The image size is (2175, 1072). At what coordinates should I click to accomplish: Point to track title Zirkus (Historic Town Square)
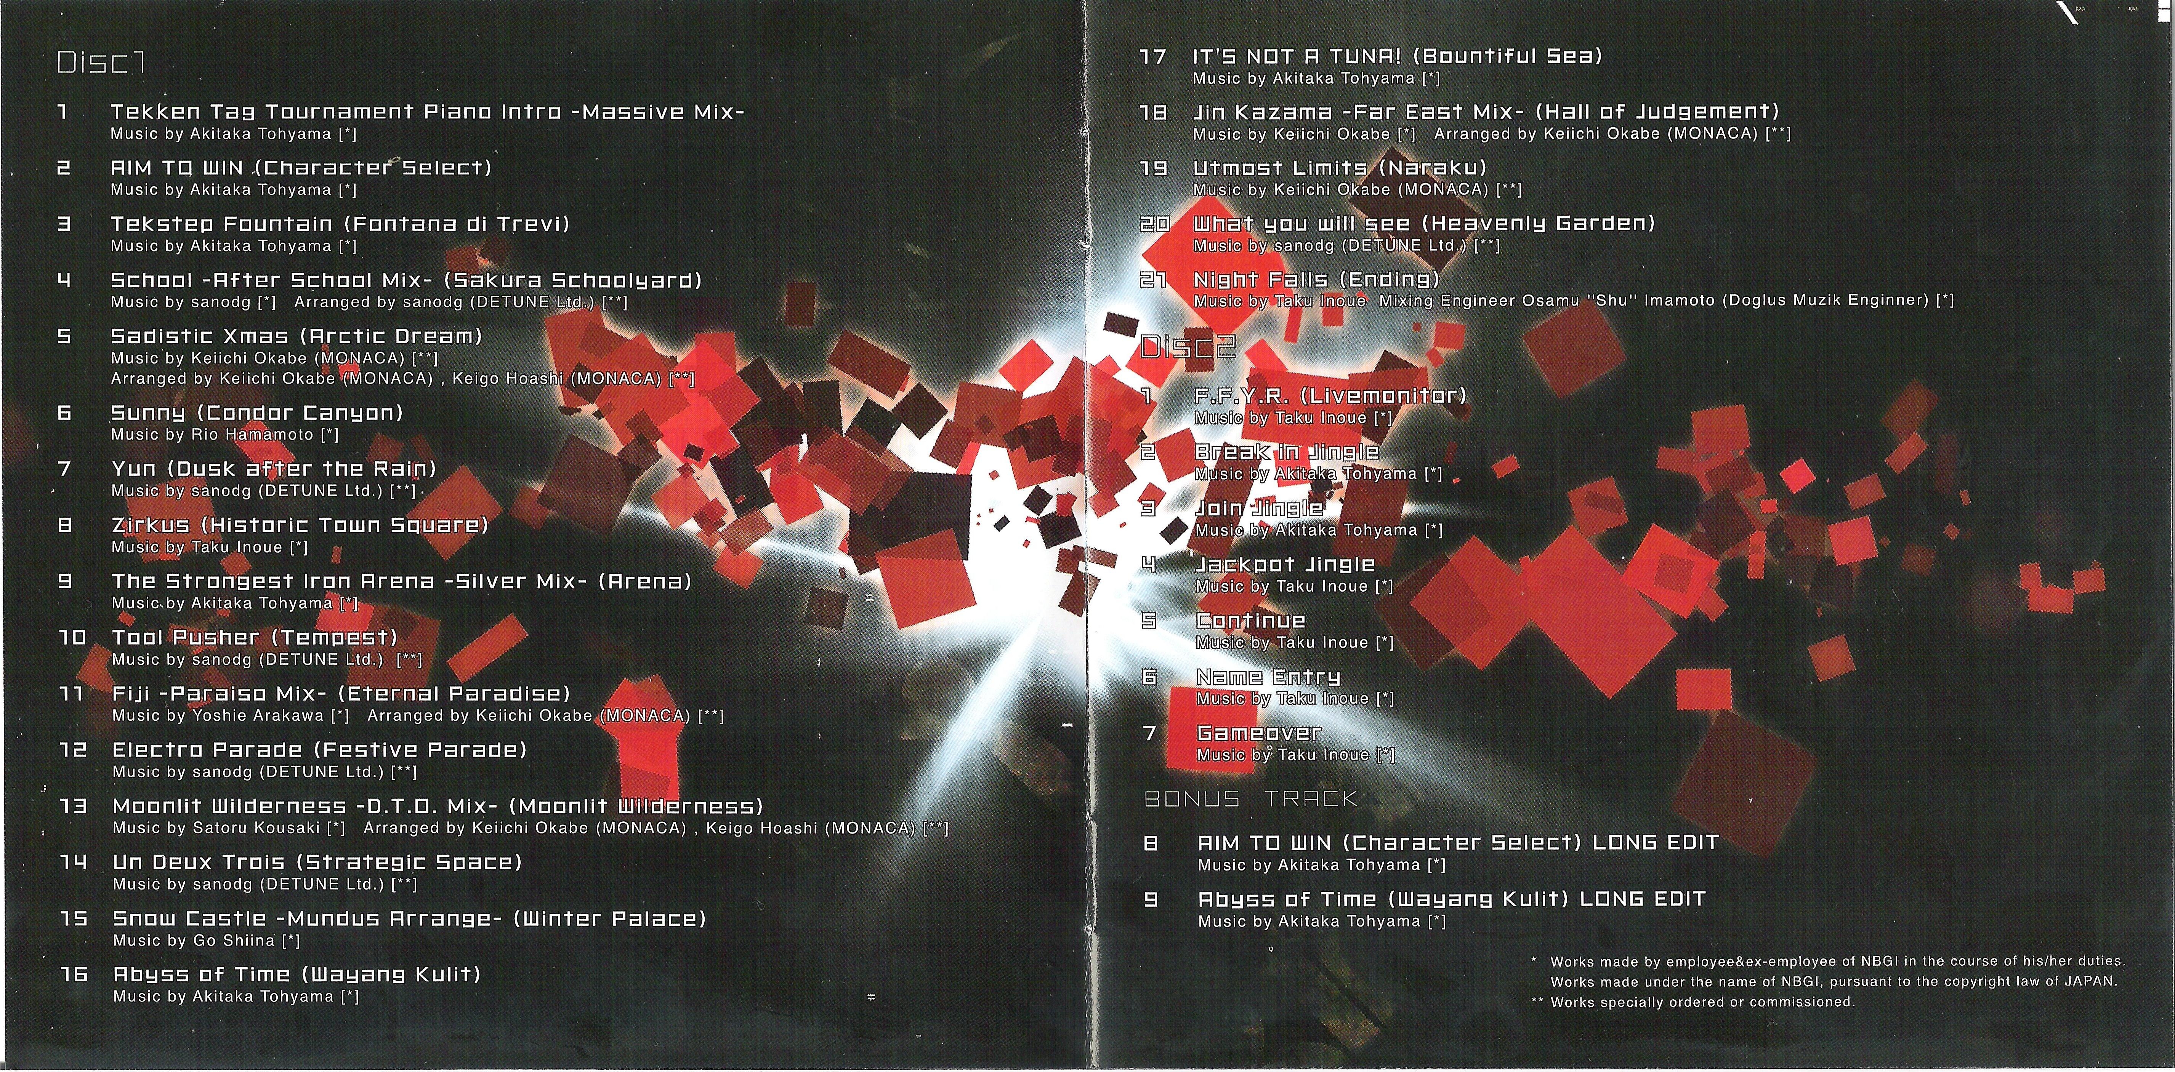pos(300,525)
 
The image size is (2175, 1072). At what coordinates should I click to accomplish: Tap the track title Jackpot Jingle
pos(1285,564)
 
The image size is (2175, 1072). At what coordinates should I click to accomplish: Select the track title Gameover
pos(1259,733)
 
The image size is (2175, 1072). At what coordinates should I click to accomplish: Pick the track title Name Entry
pos(1268,676)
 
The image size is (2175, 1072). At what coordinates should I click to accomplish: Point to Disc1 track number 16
pos(74,974)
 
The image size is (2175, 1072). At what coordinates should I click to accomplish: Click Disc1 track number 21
pos(1153,279)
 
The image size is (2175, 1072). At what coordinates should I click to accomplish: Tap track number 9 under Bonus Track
pos(1150,899)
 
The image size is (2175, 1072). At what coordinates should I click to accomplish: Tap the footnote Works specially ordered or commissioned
pos(1702,1002)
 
